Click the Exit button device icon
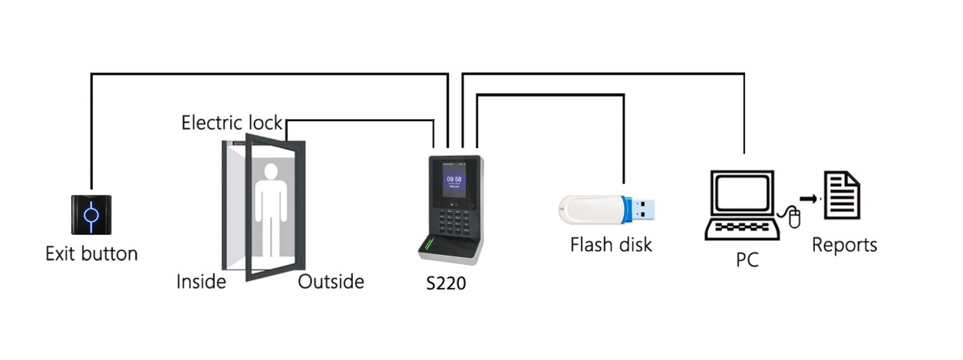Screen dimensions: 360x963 [x=91, y=215]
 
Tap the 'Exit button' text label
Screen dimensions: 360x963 [x=91, y=253]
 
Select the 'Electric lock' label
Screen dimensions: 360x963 [x=232, y=123]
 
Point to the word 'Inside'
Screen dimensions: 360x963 [x=201, y=282]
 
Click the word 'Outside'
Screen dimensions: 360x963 [x=331, y=282]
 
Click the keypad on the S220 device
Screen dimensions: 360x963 [x=453, y=223]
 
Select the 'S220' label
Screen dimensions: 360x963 [x=446, y=283]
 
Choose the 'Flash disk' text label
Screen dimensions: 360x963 [x=611, y=246]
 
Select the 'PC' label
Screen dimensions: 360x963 [x=747, y=260]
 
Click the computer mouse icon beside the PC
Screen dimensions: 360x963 [x=793, y=220]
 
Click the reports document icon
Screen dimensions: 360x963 [x=842, y=196]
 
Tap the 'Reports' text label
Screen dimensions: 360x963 [x=844, y=246]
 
